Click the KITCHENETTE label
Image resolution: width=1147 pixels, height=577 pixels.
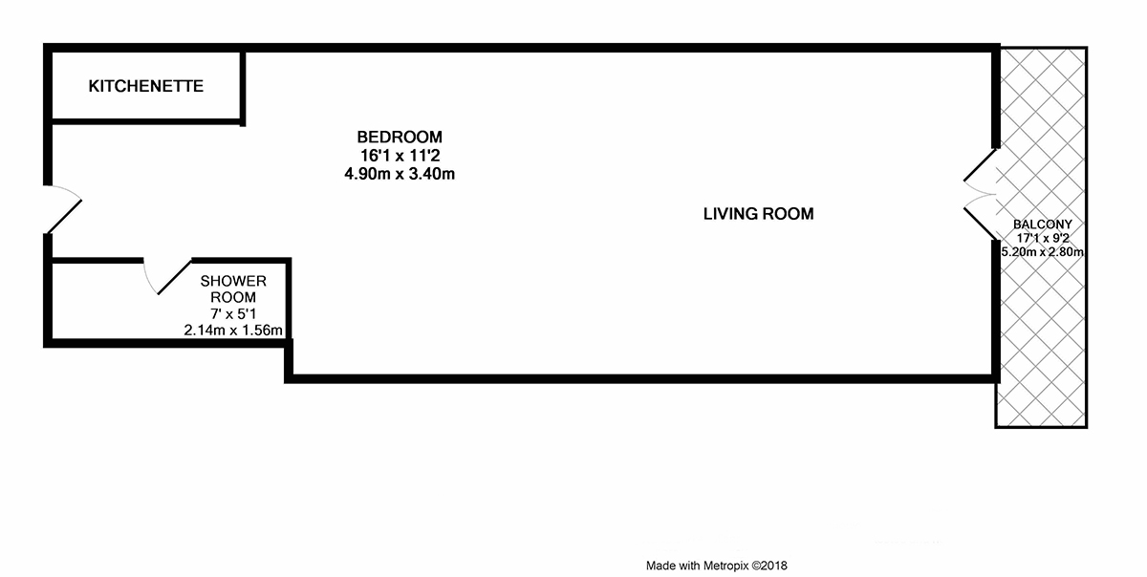click(146, 86)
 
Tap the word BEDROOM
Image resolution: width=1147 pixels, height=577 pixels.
click(400, 137)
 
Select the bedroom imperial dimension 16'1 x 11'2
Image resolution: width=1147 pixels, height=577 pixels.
click(400, 155)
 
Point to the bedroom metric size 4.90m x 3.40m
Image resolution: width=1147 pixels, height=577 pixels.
click(400, 174)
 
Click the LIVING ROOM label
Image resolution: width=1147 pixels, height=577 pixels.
click(758, 213)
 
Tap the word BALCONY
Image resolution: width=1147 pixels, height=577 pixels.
click(1043, 224)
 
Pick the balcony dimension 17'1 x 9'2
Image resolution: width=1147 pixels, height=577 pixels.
click(1043, 238)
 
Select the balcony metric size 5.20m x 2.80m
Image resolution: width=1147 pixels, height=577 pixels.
click(1043, 252)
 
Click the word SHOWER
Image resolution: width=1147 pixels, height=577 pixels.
click(233, 281)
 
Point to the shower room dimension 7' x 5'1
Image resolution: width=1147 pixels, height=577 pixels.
click(233, 314)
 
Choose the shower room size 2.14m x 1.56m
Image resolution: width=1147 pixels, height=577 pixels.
click(233, 331)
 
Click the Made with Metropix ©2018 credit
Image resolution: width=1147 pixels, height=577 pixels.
click(716, 566)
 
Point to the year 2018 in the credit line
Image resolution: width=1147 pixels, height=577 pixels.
click(774, 566)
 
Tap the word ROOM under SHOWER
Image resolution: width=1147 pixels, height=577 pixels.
click(233, 297)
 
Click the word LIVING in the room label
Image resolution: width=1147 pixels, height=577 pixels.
click(726, 213)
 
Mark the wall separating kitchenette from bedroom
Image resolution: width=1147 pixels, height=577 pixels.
click(243, 87)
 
